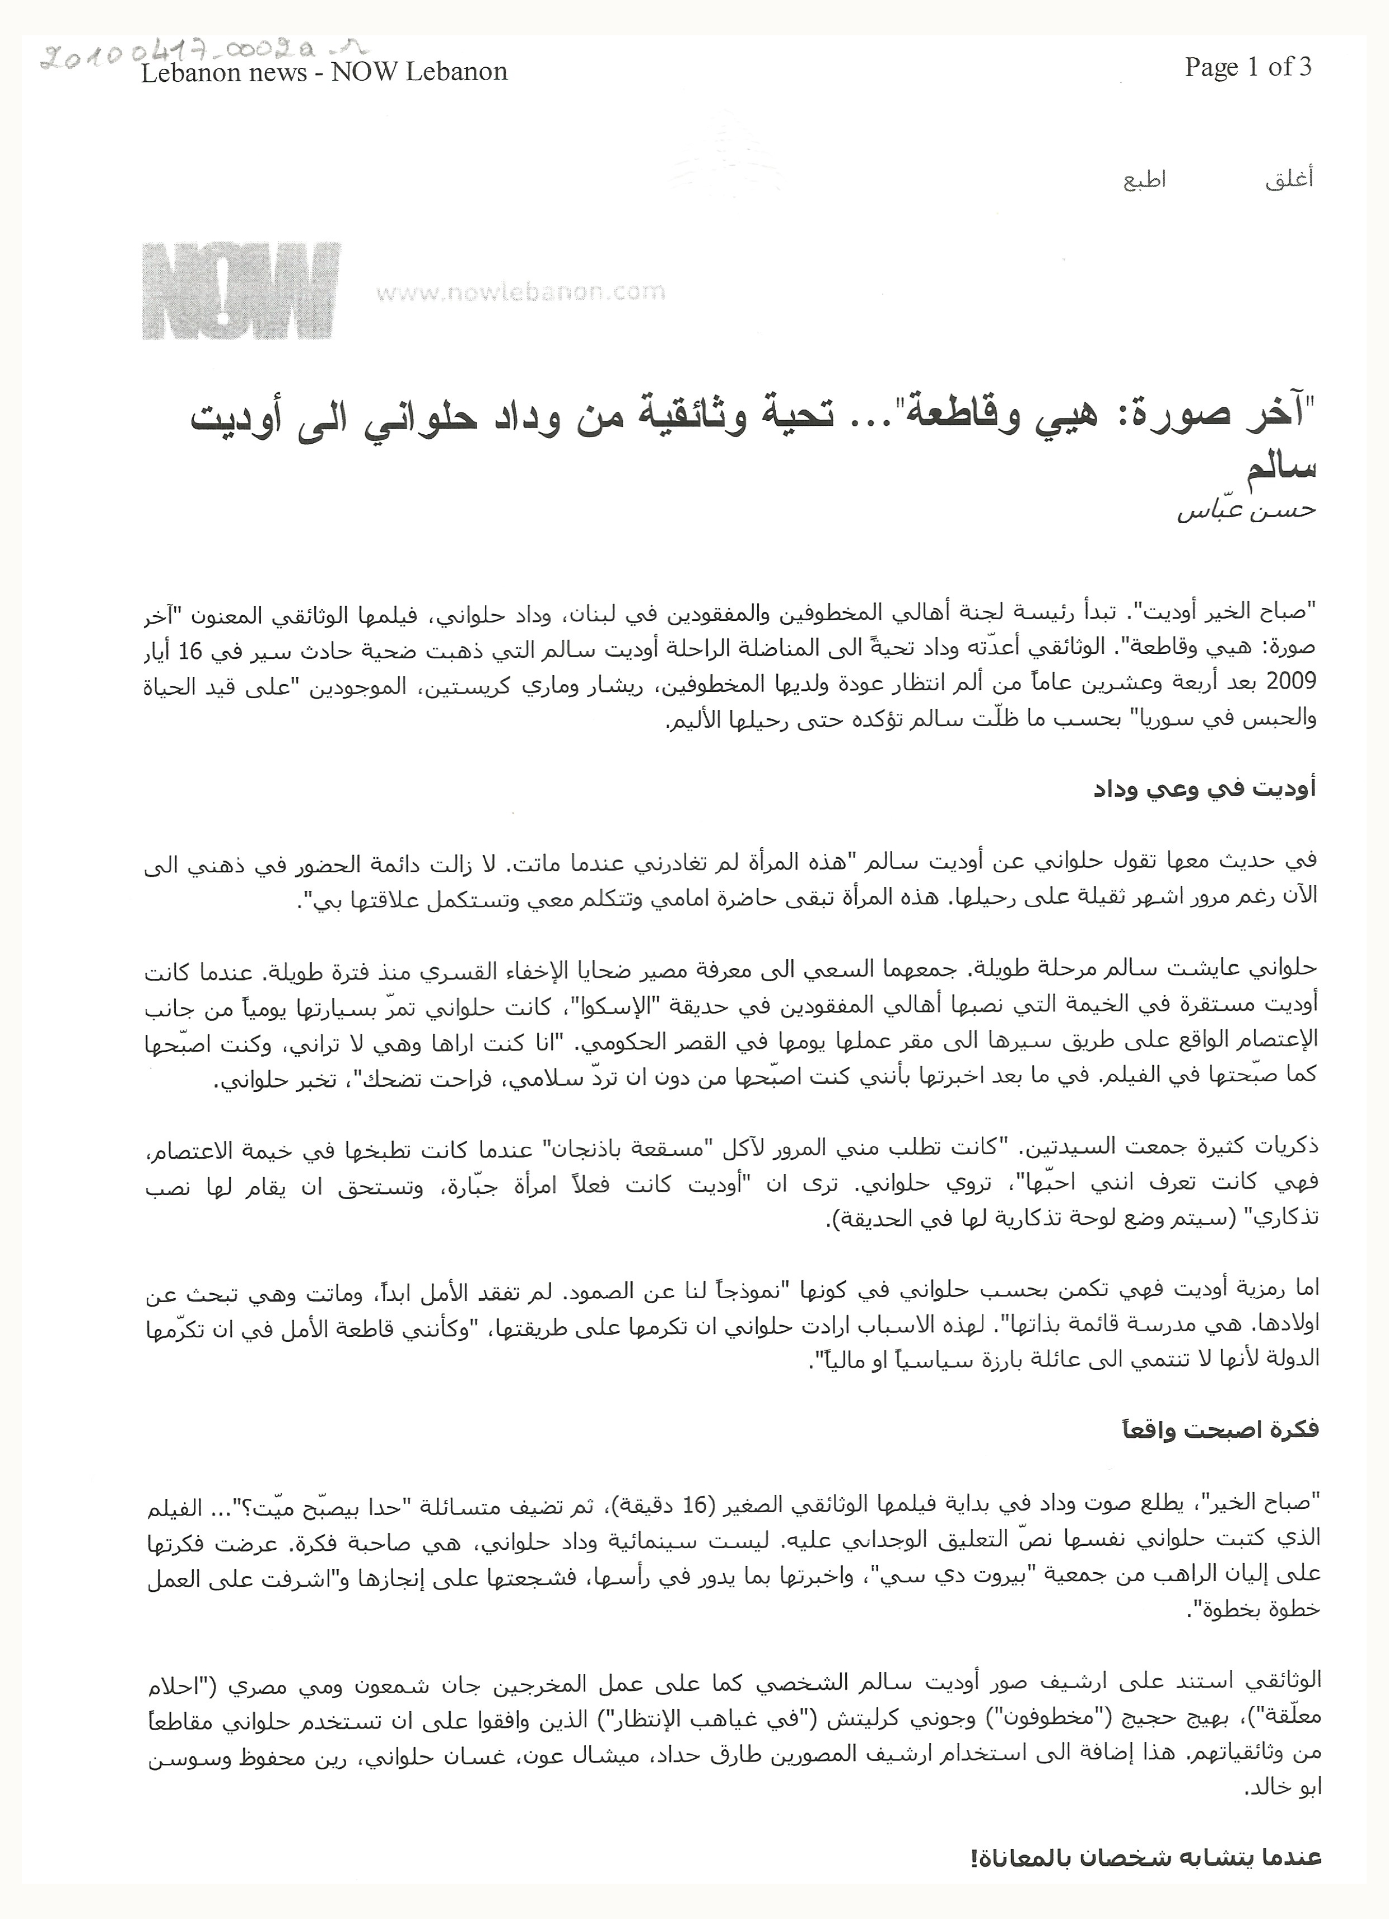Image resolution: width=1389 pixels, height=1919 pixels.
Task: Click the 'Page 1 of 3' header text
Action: [x=1248, y=67]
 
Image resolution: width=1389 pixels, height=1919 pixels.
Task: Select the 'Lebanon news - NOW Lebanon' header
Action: [x=324, y=73]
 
